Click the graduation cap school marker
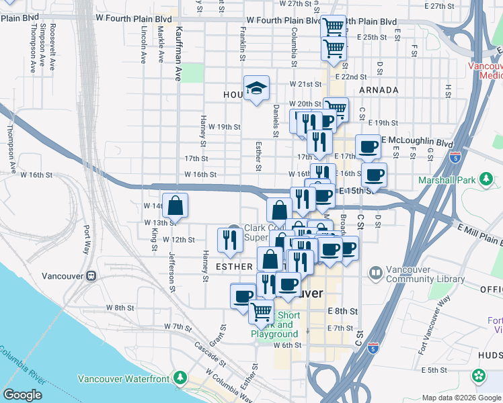pos(256,88)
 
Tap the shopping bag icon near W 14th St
pos(174,206)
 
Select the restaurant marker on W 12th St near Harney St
pos(230,240)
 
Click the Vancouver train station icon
pos(91,276)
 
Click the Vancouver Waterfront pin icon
pos(180,379)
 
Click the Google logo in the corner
pos(22,395)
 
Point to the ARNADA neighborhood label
pos(379,89)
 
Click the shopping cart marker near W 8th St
pos(261,311)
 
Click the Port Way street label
pos(87,238)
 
